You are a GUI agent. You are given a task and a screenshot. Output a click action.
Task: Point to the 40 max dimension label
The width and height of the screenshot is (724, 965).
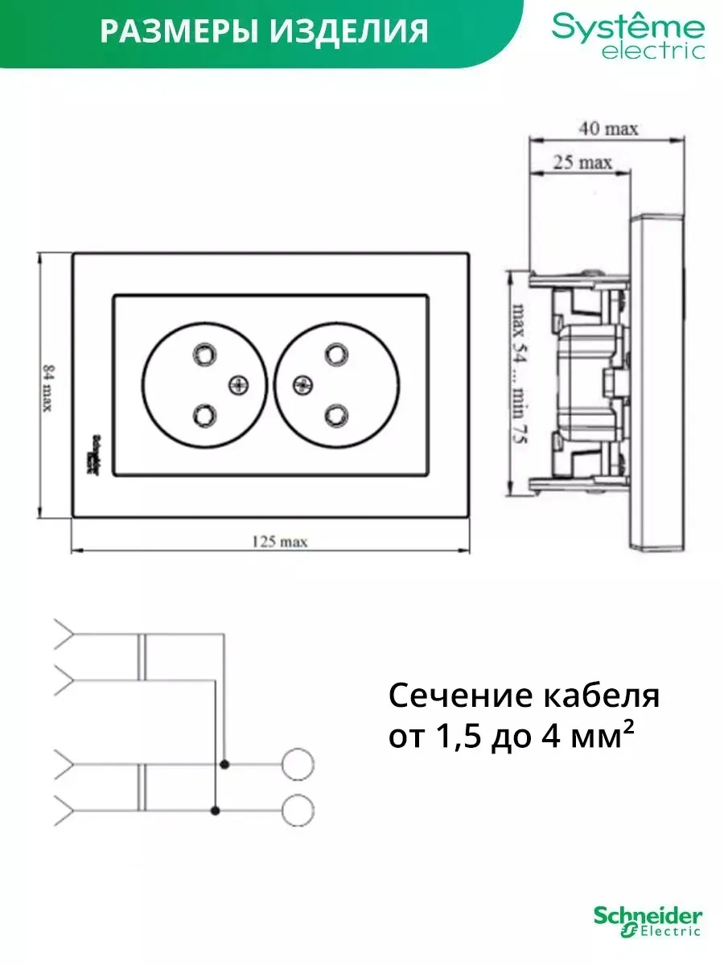[x=608, y=129]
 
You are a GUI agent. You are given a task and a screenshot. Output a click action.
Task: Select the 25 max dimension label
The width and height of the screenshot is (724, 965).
[x=582, y=163]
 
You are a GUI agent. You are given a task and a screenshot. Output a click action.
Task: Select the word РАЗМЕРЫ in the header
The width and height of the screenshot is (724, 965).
[x=171, y=31]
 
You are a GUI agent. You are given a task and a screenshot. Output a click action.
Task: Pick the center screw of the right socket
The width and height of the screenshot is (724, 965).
[x=303, y=384]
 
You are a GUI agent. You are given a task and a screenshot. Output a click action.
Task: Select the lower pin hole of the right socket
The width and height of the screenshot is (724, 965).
[x=335, y=415]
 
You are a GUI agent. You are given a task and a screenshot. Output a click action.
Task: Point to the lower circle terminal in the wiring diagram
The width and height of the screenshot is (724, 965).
[x=299, y=809]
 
